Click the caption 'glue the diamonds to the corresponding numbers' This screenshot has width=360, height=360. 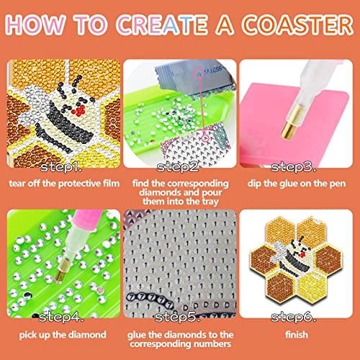click(x=179, y=340)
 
